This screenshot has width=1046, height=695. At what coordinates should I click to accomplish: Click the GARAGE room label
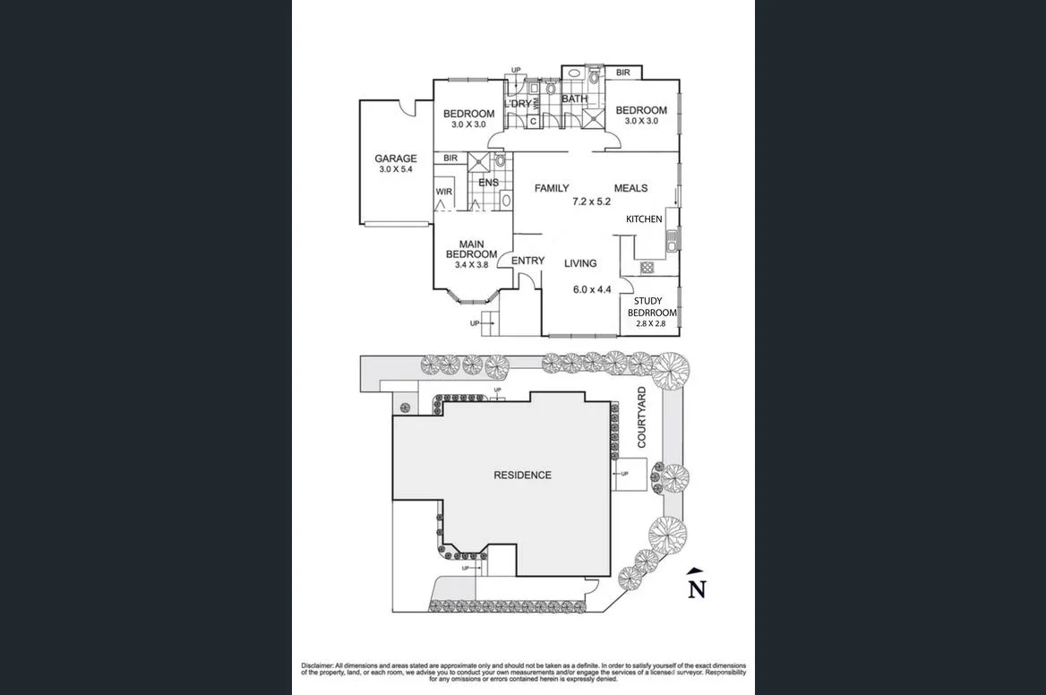tap(395, 159)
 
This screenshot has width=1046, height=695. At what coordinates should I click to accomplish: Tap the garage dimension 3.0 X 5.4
tap(395, 169)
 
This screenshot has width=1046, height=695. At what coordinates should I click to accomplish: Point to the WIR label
tap(443, 192)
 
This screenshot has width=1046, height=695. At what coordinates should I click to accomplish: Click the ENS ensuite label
tap(488, 183)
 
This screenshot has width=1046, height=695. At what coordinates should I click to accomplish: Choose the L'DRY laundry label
tap(518, 104)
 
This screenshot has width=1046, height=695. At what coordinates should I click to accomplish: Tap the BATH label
tap(574, 99)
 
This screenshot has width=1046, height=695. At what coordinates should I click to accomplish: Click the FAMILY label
tap(552, 188)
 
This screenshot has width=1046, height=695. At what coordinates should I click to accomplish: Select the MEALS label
tap(630, 188)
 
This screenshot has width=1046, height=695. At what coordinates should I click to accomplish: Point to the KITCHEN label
tap(644, 219)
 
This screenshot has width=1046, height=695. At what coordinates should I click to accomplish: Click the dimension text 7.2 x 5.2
tap(591, 202)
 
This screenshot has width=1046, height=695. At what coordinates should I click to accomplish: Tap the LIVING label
tap(580, 263)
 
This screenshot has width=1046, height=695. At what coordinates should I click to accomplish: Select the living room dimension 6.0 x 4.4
tap(591, 289)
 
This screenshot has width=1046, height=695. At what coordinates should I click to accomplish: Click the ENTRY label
tap(527, 261)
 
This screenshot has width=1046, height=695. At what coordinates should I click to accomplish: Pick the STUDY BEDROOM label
tap(652, 307)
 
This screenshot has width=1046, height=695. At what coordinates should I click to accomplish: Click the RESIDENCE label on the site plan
tap(522, 475)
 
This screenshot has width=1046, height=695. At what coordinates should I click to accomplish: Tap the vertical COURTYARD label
tap(642, 417)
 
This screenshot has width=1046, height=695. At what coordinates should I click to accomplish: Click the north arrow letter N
tap(696, 588)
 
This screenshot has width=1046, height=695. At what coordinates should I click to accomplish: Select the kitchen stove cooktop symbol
tap(647, 267)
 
